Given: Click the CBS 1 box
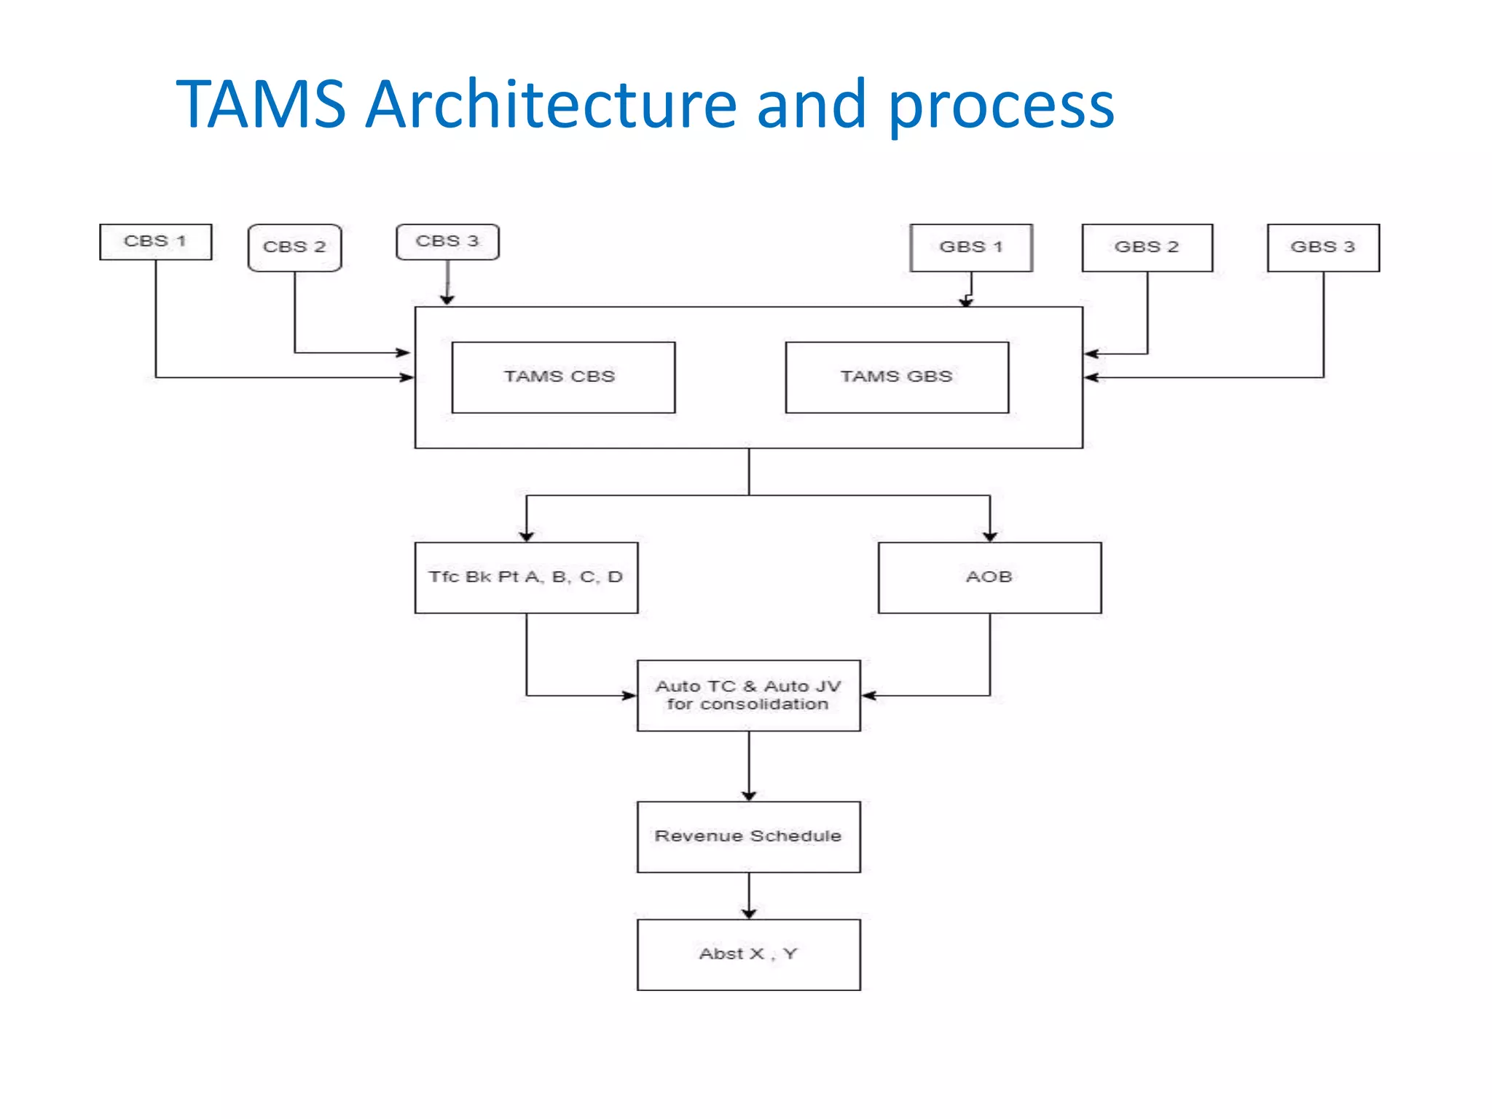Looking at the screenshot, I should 155,242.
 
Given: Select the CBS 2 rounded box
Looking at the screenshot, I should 294,248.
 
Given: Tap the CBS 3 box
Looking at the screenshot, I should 447,242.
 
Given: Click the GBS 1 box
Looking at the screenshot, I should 971,248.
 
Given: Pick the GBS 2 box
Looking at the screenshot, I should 1147,248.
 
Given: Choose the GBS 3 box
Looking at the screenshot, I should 1323,248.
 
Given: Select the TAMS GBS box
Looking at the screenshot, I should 897,377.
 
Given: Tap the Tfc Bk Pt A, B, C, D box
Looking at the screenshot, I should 526,578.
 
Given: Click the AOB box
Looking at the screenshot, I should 989,578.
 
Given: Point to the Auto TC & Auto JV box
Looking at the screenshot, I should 748,696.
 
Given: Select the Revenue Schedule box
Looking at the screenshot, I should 748,837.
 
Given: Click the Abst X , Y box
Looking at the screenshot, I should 748,954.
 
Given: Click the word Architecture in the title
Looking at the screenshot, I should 551,104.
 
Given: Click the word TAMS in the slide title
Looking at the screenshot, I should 261,104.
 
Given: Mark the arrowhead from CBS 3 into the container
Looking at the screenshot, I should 447,299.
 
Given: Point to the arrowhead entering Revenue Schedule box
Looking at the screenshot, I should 749,795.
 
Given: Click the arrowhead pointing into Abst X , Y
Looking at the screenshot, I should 749,913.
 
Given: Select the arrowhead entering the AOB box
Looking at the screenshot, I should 989,535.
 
